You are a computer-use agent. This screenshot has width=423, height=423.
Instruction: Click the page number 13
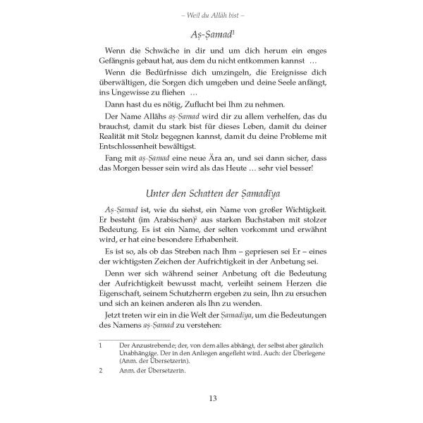(211, 400)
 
